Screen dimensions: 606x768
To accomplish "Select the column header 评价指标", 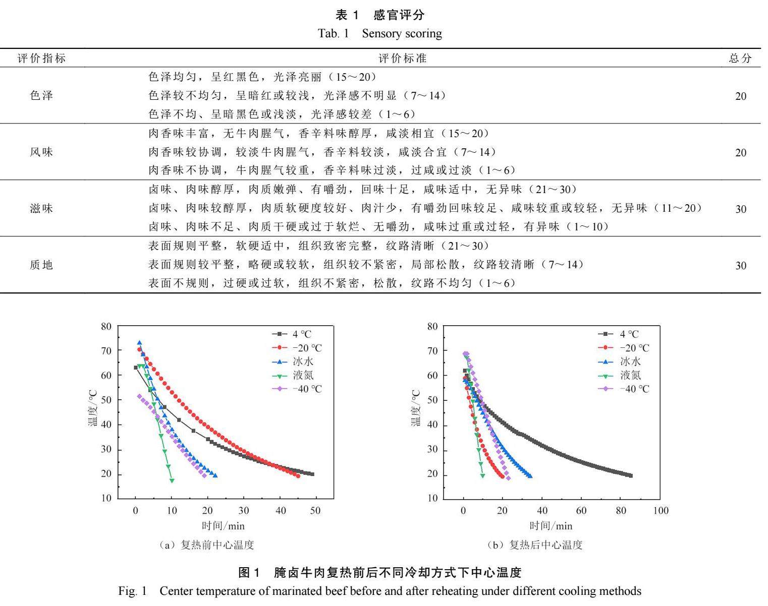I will coord(42,58).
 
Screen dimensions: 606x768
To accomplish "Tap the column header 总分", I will coord(740,58).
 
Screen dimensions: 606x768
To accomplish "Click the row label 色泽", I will coord(42,96).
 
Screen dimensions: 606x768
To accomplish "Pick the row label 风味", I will coord(42,152).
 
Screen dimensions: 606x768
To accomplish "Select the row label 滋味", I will coord(42,209).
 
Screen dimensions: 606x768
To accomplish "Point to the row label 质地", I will coord(42,265).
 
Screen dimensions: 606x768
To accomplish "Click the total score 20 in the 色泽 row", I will coord(740,96).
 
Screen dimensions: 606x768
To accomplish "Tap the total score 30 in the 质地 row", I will coord(740,266).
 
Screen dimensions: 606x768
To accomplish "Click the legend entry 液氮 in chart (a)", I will coord(303,376).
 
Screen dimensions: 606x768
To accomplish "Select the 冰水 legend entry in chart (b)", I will coord(630,361).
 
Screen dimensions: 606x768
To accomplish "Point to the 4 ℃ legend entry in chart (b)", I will coord(629,334).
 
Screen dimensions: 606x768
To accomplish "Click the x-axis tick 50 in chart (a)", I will coord(315,511).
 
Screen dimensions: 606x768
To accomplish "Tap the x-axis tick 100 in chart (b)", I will coord(660,511).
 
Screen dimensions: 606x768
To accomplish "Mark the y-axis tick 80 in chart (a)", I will coord(106,327).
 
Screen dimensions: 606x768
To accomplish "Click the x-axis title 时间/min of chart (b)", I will coord(551,526).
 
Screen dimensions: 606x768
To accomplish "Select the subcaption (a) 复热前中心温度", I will coord(206,545).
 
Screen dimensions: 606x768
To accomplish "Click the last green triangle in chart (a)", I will coord(172,480).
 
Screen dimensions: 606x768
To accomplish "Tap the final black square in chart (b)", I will coord(630,475).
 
